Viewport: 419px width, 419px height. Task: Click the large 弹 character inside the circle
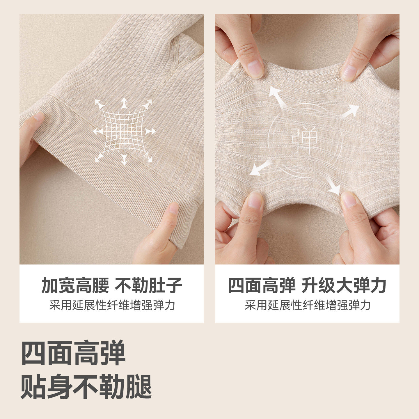[x=305, y=141]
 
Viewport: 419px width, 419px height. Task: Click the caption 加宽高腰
[x=75, y=285]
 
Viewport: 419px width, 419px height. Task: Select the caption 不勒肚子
[x=148, y=285]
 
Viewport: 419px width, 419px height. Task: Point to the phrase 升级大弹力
[x=344, y=285]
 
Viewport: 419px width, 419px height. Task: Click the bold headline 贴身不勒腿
[x=86, y=386]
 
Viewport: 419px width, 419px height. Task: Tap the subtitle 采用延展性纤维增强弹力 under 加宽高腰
[x=112, y=305]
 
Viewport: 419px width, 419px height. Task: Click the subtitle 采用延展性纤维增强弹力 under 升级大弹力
[x=308, y=305]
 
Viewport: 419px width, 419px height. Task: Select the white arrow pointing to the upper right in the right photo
[x=351, y=111]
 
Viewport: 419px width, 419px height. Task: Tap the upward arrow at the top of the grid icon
[x=124, y=102]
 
